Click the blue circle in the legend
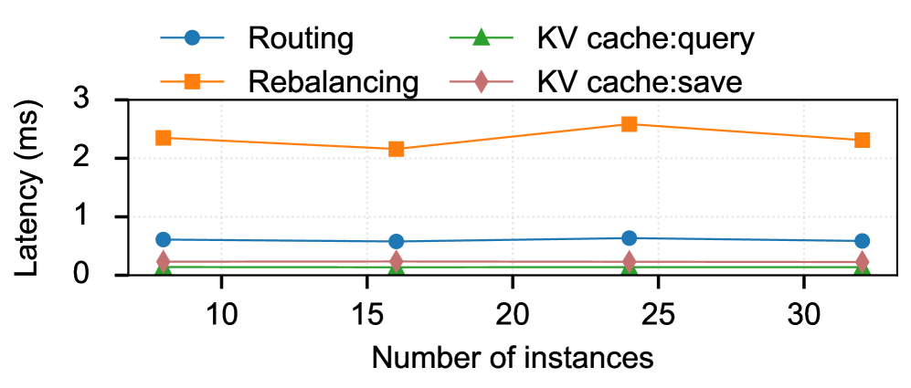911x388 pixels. (192, 37)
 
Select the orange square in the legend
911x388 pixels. (192, 81)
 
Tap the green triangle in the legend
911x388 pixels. (481, 37)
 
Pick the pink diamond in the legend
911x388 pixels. (481, 81)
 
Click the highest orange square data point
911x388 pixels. (629, 124)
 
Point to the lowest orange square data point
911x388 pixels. (397, 149)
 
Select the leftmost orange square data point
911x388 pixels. (164, 138)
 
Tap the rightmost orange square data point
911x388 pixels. (862, 140)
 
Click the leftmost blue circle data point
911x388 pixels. (164, 239)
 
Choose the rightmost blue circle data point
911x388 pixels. (862, 241)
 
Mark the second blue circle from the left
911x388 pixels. (397, 242)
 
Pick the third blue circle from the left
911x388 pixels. (629, 238)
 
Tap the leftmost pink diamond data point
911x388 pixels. (164, 261)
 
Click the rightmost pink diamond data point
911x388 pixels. (862, 262)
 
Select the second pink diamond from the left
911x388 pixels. (397, 261)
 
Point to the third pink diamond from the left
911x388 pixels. (629, 261)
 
